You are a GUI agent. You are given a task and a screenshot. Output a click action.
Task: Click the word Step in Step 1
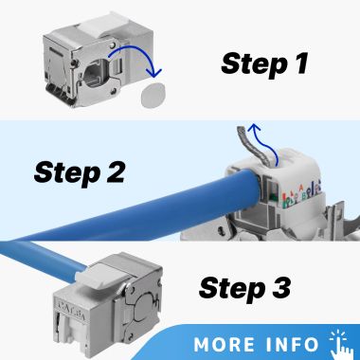pos(252,64)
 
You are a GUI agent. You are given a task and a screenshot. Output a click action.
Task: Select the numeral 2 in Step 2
pos(116,172)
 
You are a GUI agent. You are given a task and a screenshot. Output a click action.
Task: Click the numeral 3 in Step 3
pos(280,288)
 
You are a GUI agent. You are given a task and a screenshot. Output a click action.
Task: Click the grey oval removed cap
pos(153,96)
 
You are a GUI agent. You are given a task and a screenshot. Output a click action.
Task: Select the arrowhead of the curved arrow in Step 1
pos(155,72)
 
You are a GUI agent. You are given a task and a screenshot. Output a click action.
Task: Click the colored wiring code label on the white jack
pos(302,191)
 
